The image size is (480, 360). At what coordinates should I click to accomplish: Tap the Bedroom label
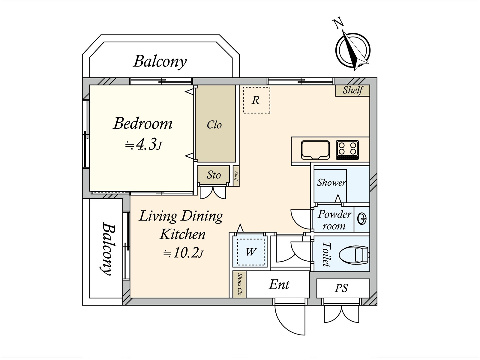[x=142, y=124]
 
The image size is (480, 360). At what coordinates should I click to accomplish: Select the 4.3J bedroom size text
[x=143, y=144]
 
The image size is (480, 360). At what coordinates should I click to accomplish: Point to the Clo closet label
[x=214, y=125]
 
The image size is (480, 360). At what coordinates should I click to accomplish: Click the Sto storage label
[x=214, y=175]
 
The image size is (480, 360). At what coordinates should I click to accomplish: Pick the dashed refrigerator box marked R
[x=257, y=100]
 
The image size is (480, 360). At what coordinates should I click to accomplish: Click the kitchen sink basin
[x=315, y=150]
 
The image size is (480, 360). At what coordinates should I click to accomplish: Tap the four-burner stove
[x=347, y=150]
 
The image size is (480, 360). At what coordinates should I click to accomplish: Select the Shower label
[x=331, y=182]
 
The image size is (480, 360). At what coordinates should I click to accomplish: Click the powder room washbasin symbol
[x=362, y=219]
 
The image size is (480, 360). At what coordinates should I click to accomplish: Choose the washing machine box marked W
[x=250, y=252]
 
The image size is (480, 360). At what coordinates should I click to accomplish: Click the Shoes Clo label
[x=239, y=284]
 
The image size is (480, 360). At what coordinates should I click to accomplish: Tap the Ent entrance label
[x=279, y=285]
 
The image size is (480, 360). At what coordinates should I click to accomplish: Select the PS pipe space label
[x=341, y=288]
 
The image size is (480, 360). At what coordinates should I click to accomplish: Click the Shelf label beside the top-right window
[x=353, y=90]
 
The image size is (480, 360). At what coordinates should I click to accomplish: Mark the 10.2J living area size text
[x=184, y=253]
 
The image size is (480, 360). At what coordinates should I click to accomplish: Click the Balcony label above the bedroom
[x=160, y=61]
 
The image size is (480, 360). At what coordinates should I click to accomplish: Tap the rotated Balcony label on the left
[x=108, y=248]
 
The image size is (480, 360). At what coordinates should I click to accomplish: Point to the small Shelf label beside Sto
[x=236, y=176]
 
